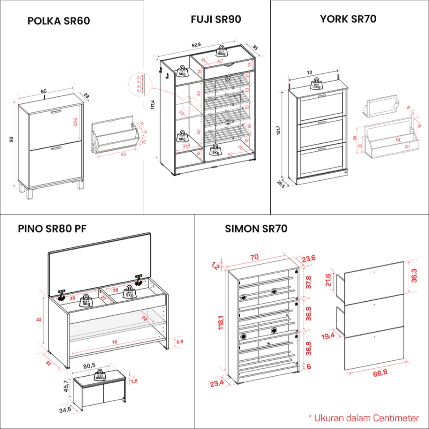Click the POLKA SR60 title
point(59,21)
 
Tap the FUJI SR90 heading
point(216,19)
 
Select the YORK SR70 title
point(348,19)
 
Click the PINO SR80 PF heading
point(52,229)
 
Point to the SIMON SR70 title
point(256,229)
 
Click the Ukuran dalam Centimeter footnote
point(363,418)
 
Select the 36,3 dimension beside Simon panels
point(414,278)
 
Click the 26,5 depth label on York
point(280,184)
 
